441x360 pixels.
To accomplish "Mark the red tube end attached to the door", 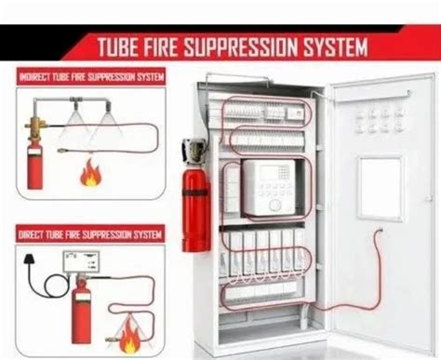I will pos(380,233).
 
